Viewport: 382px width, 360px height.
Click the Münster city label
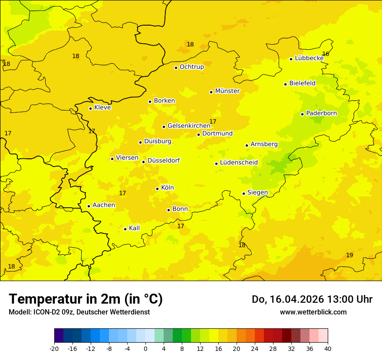point(227,91)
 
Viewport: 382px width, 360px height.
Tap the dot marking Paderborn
point(303,114)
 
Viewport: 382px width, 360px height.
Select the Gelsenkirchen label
point(189,126)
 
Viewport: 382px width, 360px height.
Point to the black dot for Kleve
point(90,108)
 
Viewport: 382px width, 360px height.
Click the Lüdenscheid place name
point(239,163)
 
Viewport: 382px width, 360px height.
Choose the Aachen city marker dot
point(89,206)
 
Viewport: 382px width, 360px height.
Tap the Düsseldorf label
point(164,160)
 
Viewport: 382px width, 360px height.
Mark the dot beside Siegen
point(244,193)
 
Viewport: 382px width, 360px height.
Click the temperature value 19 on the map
point(349,255)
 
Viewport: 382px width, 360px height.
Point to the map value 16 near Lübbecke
point(326,54)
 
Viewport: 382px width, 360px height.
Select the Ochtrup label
point(192,67)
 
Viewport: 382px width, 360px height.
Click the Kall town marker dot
point(125,229)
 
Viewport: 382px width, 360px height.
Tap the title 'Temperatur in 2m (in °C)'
point(86,299)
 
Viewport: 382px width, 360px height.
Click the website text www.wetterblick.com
point(313,312)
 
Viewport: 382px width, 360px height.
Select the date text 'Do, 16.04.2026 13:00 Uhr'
point(312,299)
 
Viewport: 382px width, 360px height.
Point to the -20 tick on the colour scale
point(54,348)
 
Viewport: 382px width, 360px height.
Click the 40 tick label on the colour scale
point(328,348)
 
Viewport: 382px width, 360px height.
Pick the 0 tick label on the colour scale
point(145,348)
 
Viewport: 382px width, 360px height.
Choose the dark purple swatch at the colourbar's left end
point(59,335)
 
